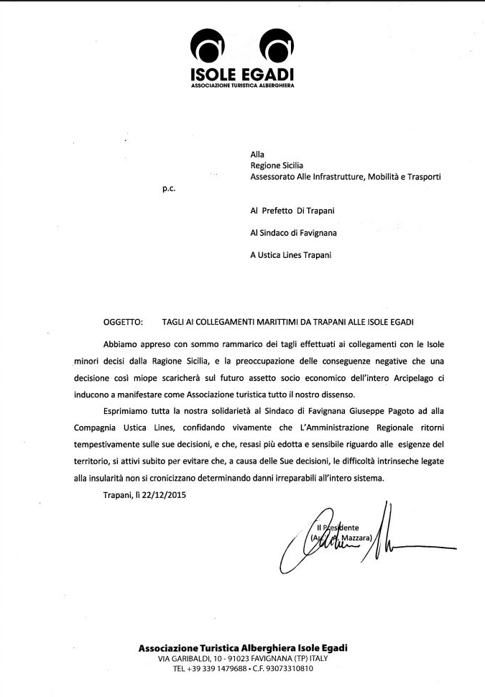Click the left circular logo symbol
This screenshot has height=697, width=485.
[207, 48]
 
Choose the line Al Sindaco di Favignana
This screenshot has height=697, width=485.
[293, 232]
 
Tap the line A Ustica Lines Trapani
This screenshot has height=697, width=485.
[291, 254]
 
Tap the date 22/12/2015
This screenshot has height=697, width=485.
[169, 494]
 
